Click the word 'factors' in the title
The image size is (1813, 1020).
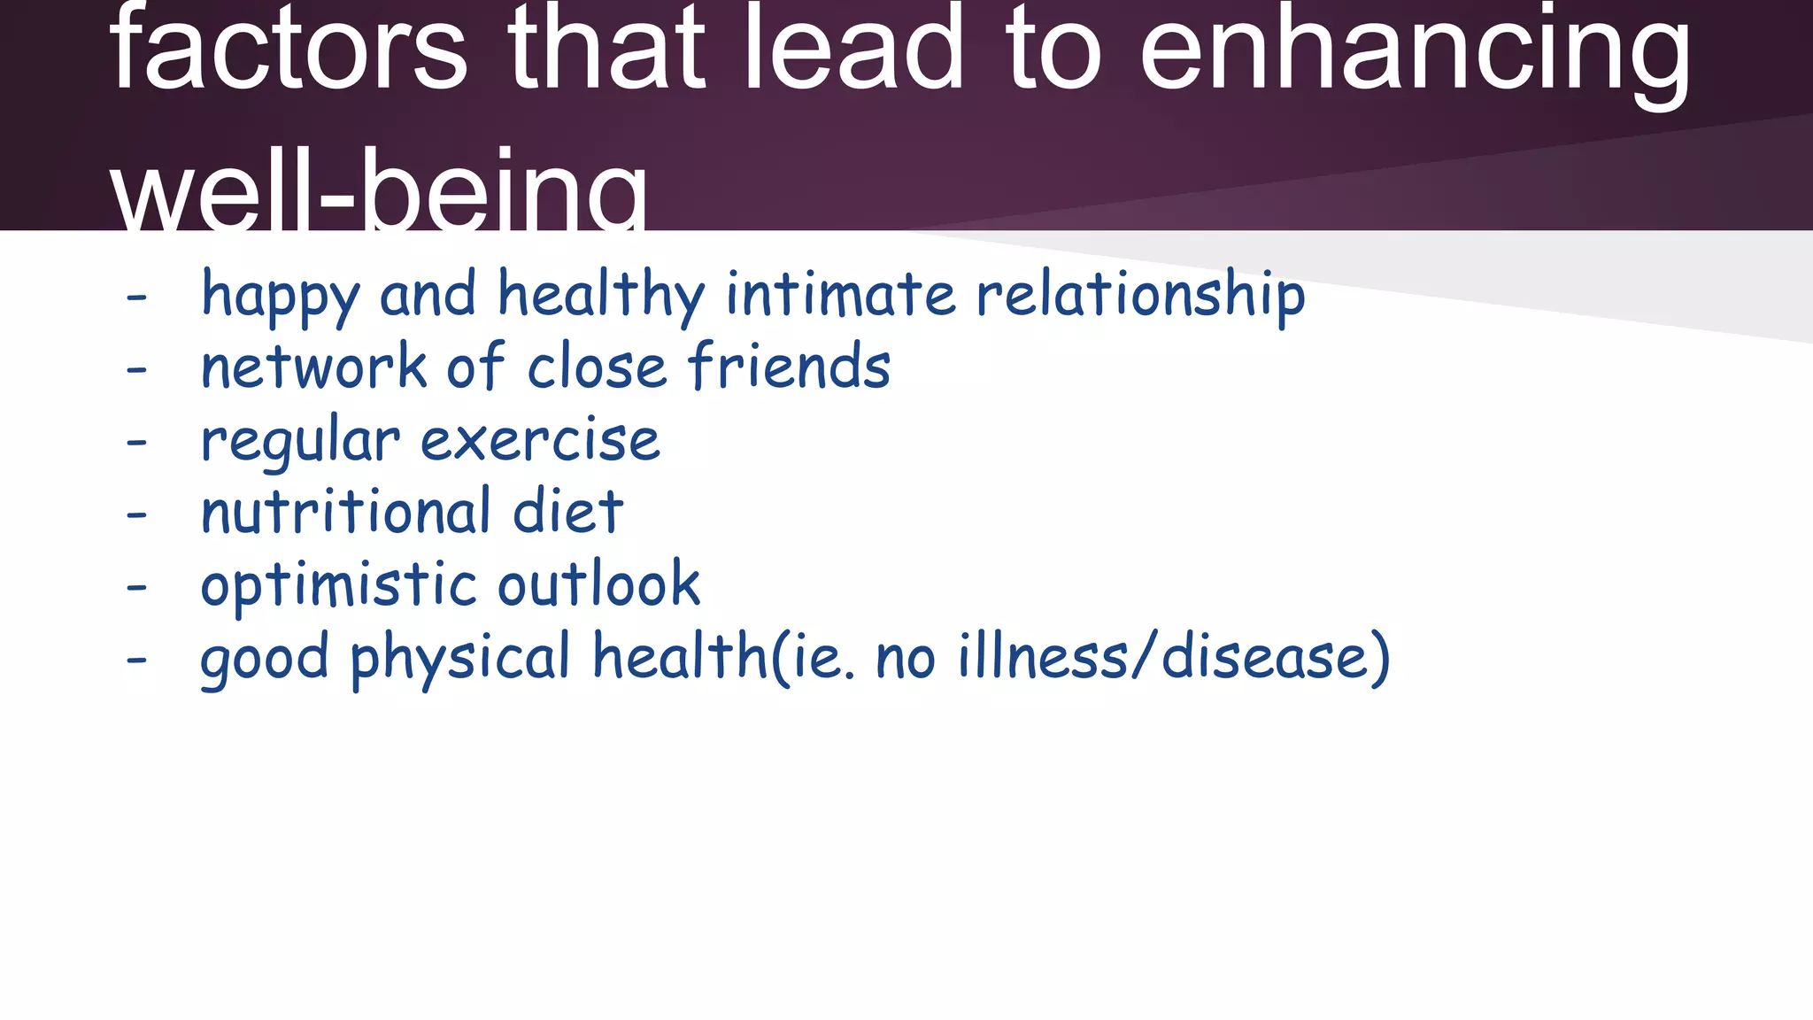tap(289, 49)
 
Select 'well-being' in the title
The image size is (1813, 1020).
tap(379, 190)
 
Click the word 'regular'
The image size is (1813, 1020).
tap(300, 442)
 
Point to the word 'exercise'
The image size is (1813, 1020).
tap(540, 440)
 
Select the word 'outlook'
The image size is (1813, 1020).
tap(599, 584)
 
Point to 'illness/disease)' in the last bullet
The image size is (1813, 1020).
tap(1174, 658)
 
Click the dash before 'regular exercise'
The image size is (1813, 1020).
tap(136, 441)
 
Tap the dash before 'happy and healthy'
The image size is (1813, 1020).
tap(136, 297)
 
